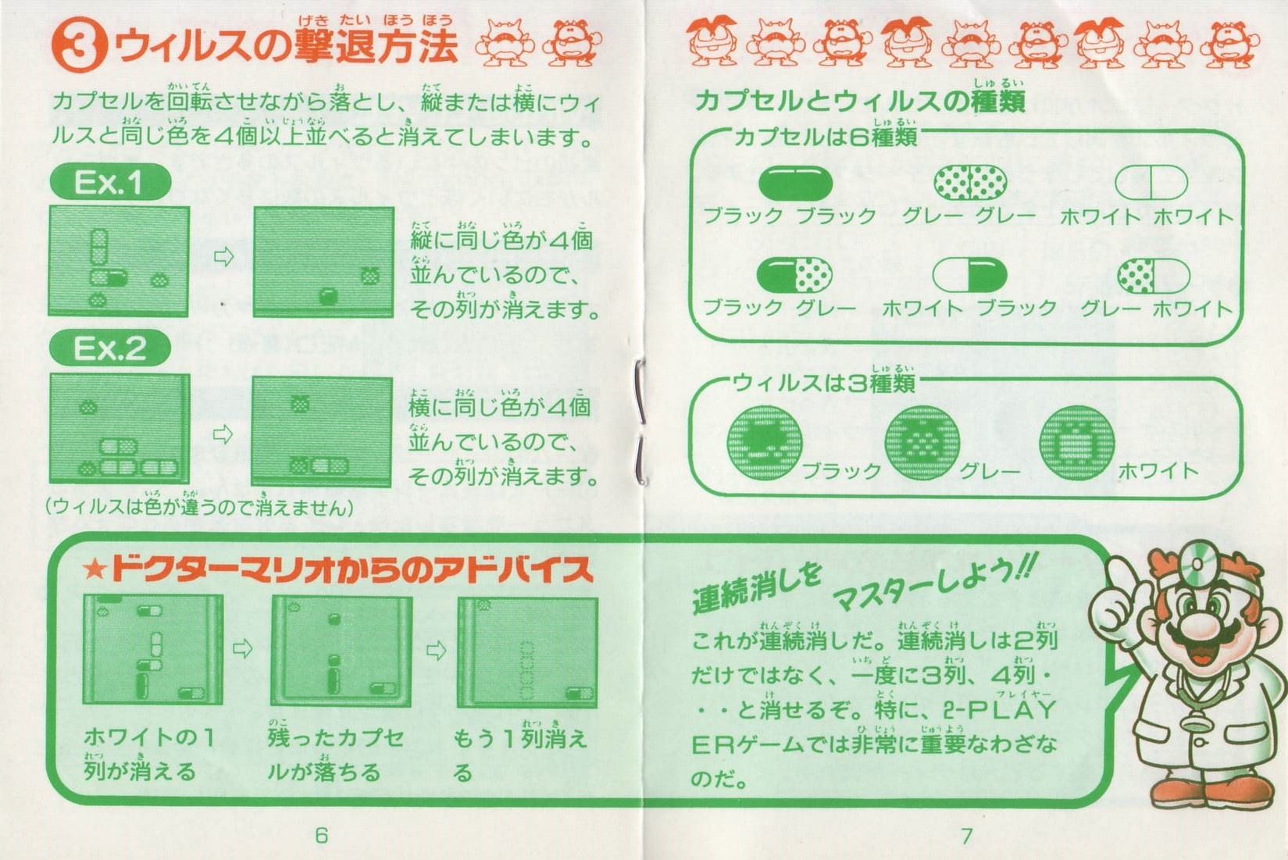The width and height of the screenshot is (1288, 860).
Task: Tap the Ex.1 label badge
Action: (x=110, y=182)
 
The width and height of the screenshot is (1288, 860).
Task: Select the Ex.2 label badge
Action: (x=110, y=348)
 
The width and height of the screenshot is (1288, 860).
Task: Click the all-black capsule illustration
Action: (x=795, y=183)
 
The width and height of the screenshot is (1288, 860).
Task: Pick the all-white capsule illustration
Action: (x=1151, y=182)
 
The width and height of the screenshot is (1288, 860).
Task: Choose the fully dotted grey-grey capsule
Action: (x=970, y=182)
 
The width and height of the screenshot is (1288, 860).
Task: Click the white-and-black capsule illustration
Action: (x=969, y=274)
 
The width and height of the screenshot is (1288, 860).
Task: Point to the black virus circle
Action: (x=765, y=443)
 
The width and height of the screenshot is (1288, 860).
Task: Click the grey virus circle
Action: (x=922, y=443)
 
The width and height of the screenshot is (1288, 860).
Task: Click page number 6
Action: (x=321, y=835)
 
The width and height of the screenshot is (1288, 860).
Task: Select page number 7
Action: (x=966, y=835)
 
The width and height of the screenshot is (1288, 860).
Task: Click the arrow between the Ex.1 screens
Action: (x=223, y=256)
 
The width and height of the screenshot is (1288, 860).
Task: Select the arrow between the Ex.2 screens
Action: (x=223, y=434)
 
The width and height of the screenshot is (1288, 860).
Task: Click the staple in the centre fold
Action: (x=640, y=420)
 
